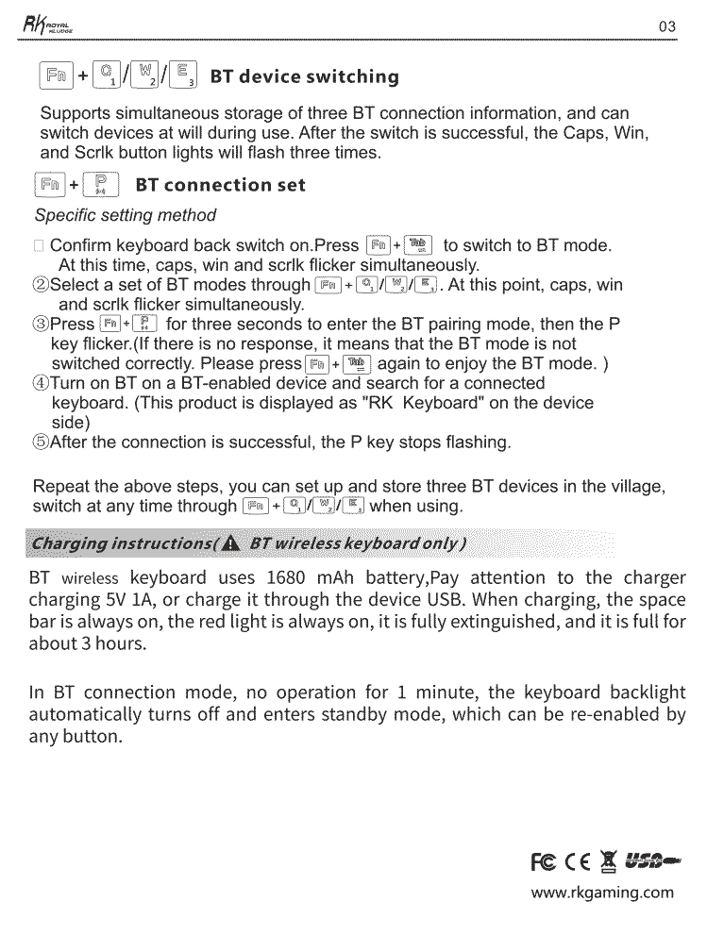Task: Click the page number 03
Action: coord(667,26)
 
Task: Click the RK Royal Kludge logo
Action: coord(42,25)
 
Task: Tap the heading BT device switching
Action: coord(304,76)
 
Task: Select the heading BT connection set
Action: coord(221,184)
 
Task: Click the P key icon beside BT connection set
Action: coord(101,184)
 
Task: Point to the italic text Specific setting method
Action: coord(125,215)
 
